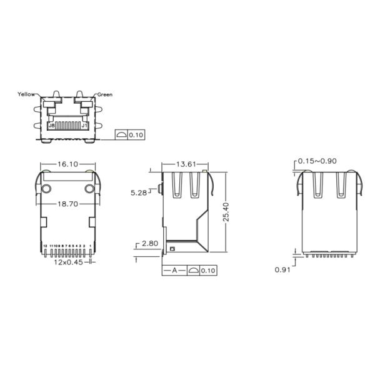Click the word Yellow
[x=26, y=94]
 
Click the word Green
[x=104, y=95]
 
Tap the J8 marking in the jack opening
[x=51, y=125]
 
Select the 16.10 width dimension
[x=67, y=164]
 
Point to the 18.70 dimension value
[x=67, y=204]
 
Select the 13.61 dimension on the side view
[x=185, y=164]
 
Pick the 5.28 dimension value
[x=139, y=193]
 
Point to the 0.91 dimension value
[x=284, y=270]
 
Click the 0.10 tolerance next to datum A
[x=208, y=271]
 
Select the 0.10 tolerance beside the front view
[x=136, y=134]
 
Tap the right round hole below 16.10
[x=89, y=189]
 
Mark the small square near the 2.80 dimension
[x=172, y=250]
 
